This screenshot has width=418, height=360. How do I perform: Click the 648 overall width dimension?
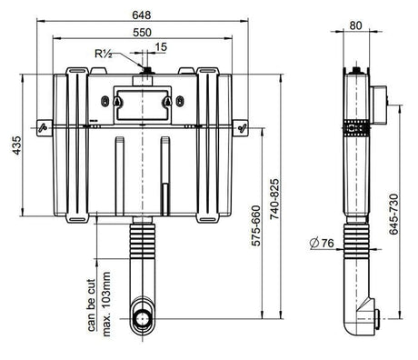pyautogui.click(x=142, y=15)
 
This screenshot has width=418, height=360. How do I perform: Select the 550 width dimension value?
pyautogui.click(x=142, y=32)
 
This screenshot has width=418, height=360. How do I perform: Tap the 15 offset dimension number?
pyautogui.click(x=161, y=47)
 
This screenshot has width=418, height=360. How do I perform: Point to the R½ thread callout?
pyautogui.click(x=104, y=54)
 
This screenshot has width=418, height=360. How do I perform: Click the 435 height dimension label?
pyautogui.click(x=17, y=145)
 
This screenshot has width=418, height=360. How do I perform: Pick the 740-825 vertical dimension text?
pyautogui.click(x=274, y=199)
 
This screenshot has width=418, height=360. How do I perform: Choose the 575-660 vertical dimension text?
pyautogui.click(x=256, y=225)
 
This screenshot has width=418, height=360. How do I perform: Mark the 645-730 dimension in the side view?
pyautogui.click(x=393, y=215)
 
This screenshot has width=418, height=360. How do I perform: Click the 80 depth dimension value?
pyautogui.click(x=355, y=25)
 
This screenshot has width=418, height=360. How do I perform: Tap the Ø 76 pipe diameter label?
pyautogui.click(x=322, y=243)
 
